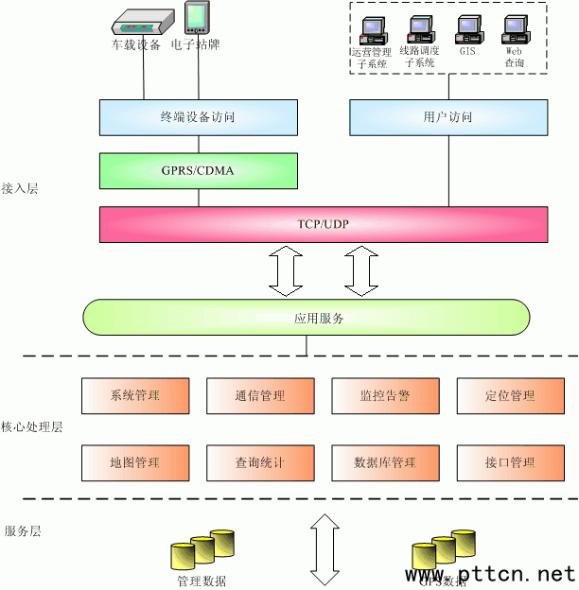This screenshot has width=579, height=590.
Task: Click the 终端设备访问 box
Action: (x=198, y=117)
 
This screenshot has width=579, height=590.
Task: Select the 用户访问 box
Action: (x=447, y=117)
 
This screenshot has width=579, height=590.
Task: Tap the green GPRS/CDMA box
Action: (x=198, y=171)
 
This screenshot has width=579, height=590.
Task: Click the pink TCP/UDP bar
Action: (x=323, y=224)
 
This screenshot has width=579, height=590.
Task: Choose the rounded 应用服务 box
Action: (x=307, y=318)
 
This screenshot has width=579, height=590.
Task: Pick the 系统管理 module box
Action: (x=134, y=396)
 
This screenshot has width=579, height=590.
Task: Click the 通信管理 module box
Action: (x=259, y=396)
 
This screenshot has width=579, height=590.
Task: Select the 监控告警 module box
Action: (x=384, y=396)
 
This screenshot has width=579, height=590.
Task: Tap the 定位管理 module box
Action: (x=509, y=396)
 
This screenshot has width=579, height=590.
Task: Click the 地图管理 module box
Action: (x=134, y=463)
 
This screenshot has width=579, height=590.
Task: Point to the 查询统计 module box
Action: (x=259, y=463)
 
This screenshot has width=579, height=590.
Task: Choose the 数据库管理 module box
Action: (x=384, y=463)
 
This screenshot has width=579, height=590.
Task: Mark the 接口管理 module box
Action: (x=509, y=463)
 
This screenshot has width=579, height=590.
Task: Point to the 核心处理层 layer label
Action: (x=31, y=427)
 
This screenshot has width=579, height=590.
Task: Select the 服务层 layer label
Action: (x=23, y=531)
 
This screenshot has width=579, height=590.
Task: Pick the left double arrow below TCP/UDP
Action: (x=284, y=269)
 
